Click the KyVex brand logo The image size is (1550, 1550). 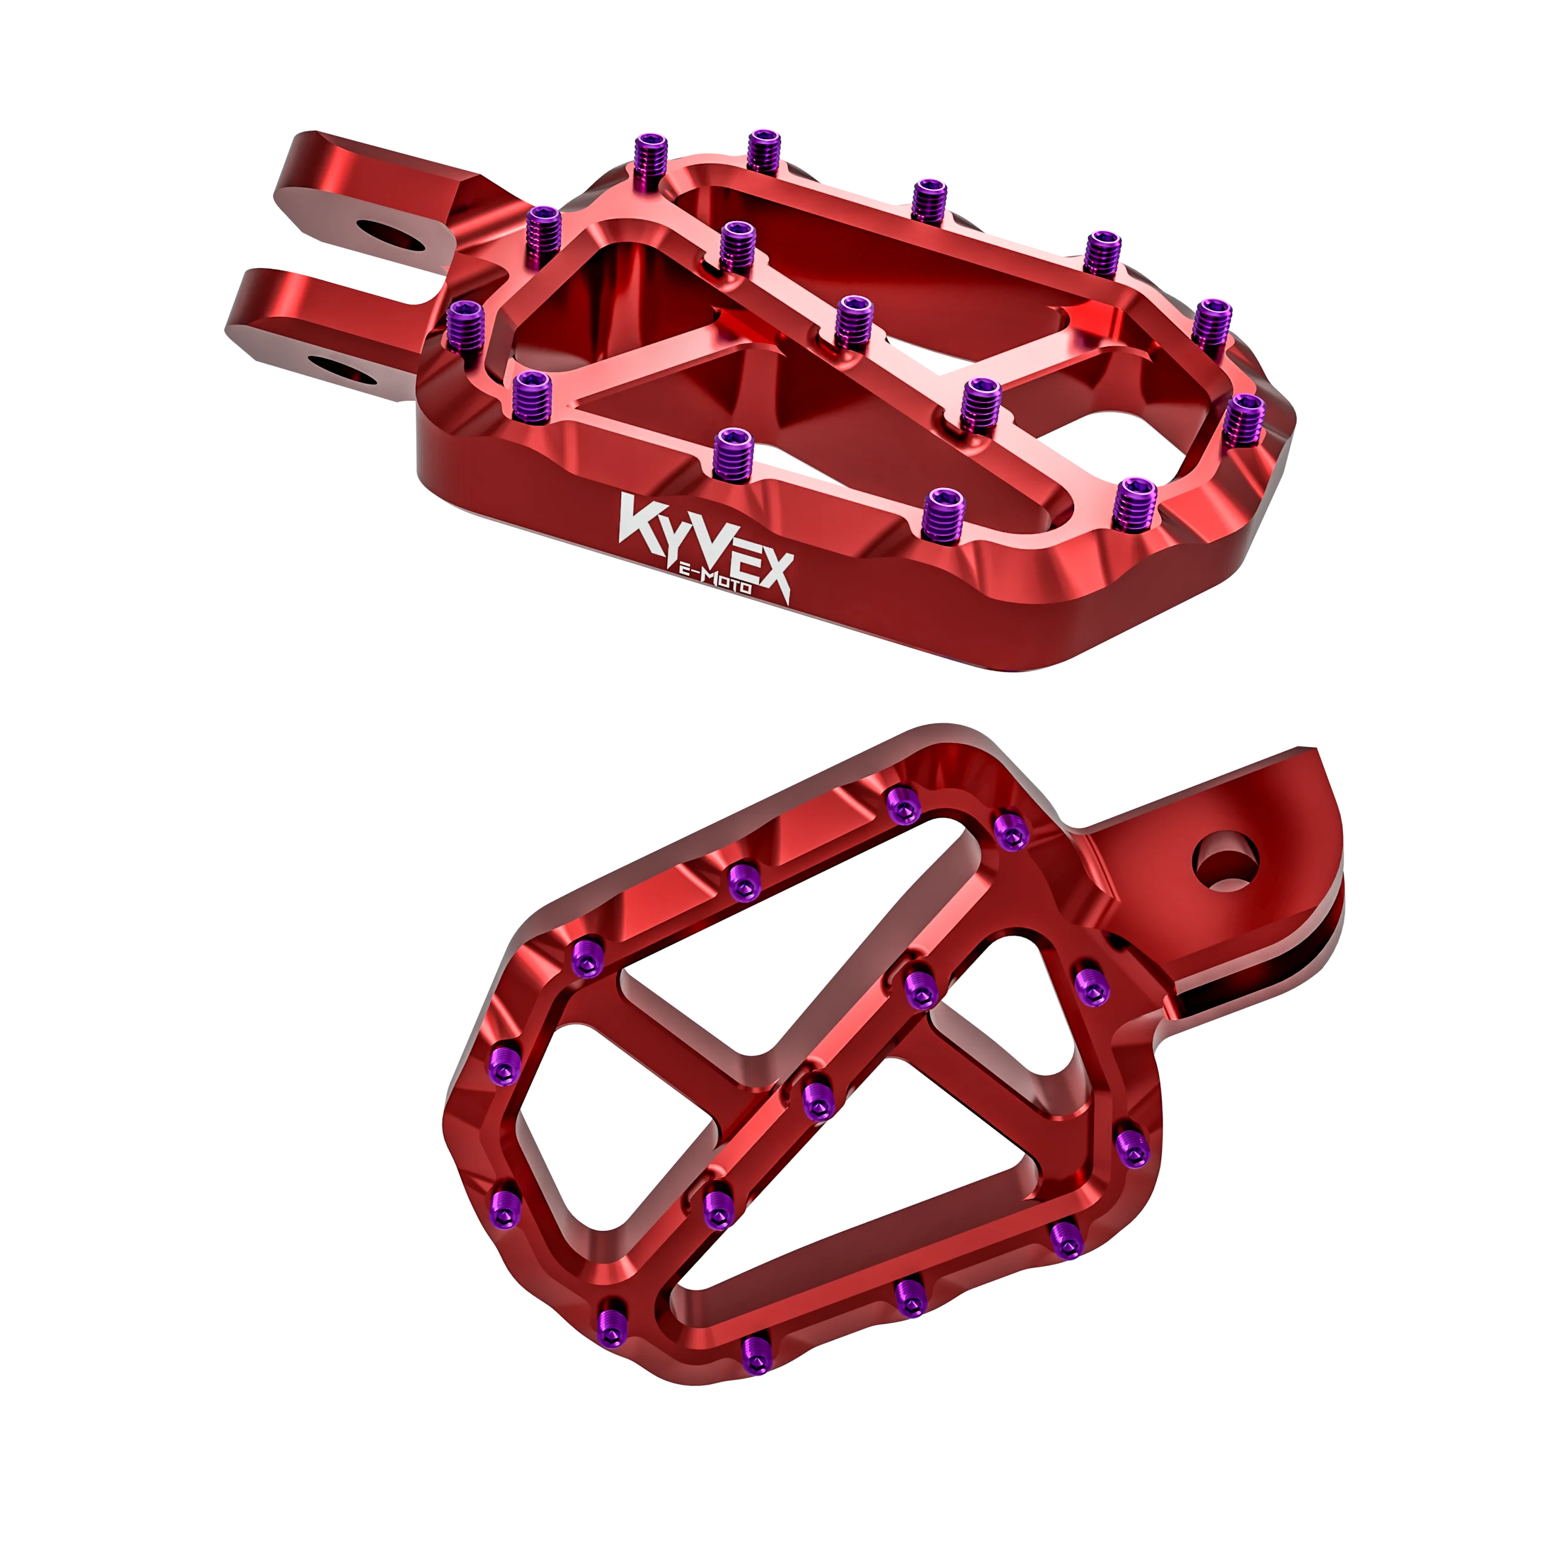(x=704, y=546)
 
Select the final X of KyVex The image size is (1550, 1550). (x=770, y=573)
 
